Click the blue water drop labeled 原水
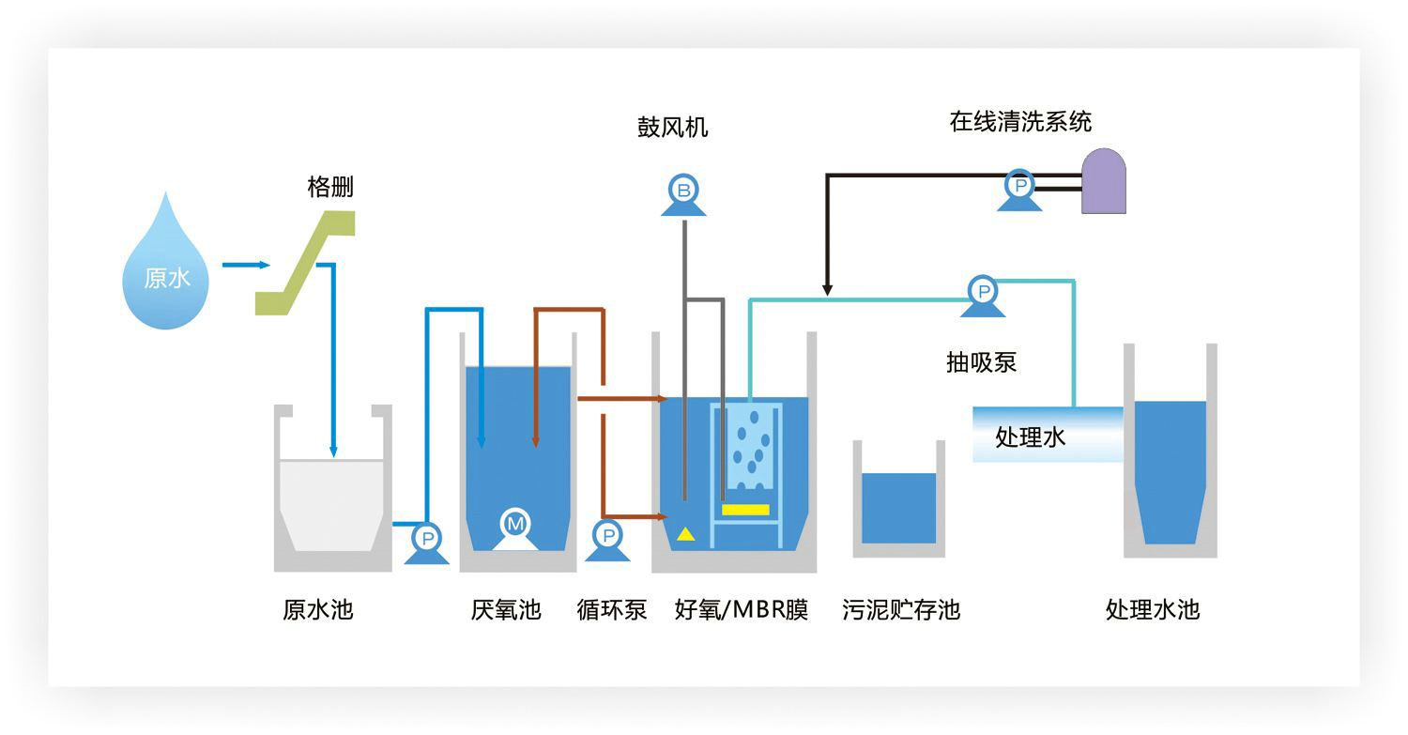166,268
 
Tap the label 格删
330,186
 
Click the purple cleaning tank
1103,181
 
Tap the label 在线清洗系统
1020,122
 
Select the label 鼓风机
672,128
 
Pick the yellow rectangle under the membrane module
745,510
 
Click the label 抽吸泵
981,362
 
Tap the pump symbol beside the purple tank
1018,189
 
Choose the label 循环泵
611,610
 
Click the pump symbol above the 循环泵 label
607,539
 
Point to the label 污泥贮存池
900,610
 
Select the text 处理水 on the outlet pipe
1030,437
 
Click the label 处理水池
1152,610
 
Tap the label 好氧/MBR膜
741,610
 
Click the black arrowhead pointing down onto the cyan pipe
827,289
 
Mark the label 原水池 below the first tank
317,610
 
